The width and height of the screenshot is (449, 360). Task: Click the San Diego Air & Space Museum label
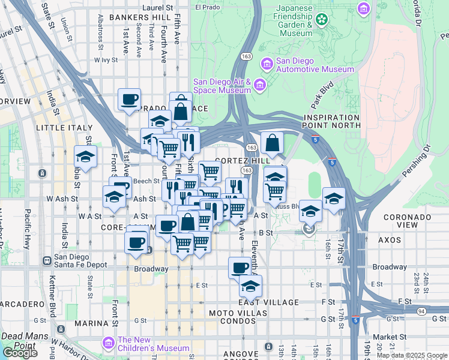click(221, 86)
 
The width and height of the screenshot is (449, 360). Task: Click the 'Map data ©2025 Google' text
click(412, 355)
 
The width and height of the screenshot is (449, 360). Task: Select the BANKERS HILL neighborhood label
click(140, 18)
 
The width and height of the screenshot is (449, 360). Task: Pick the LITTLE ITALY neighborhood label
click(64, 128)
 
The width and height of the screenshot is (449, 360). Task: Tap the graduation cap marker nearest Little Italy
click(86, 157)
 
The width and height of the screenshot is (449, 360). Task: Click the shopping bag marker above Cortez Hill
click(273, 143)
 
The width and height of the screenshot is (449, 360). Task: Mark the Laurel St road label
click(158, 8)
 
